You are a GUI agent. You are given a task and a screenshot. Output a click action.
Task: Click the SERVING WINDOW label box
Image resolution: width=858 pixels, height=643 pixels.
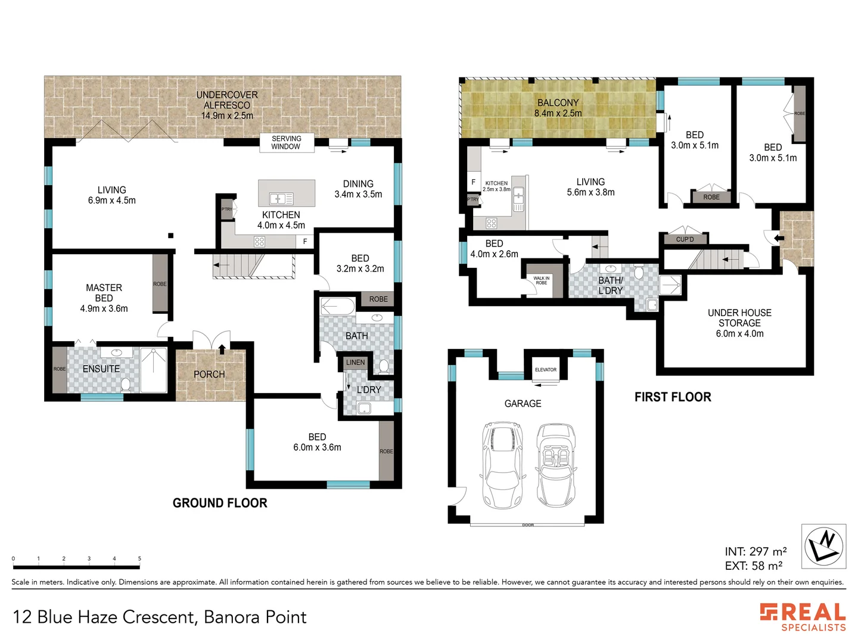click(x=287, y=142)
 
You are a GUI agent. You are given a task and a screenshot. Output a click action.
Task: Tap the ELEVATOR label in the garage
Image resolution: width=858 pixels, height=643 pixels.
click(x=545, y=370)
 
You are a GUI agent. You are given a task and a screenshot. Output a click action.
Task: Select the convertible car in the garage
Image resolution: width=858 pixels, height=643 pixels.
click(x=557, y=466)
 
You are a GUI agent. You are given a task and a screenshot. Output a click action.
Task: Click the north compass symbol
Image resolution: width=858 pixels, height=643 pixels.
click(x=823, y=546)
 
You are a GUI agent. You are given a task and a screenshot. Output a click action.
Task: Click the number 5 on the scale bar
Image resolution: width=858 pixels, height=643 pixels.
click(x=139, y=558)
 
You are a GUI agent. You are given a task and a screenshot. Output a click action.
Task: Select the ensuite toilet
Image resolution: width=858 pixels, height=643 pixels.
click(x=125, y=385)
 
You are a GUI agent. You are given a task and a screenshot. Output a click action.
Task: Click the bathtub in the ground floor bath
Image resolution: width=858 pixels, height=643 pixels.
click(x=337, y=307)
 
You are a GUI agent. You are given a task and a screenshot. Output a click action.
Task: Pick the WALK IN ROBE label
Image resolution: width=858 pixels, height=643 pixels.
click(x=542, y=280)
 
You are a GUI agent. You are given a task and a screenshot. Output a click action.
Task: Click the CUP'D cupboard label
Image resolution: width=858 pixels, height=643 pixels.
click(x=685, y=239)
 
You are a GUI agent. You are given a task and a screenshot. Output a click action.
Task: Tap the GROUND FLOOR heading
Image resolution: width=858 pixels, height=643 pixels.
click(x=220, y=503)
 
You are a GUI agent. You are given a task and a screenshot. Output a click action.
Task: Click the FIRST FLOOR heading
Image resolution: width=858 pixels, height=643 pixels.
click(x=673, y=397)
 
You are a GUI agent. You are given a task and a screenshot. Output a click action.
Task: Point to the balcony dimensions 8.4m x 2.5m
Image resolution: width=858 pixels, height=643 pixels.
click(x=558, y=113)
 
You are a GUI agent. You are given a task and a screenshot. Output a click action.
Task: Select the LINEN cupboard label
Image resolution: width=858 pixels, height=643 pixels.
click(x=355, y=363)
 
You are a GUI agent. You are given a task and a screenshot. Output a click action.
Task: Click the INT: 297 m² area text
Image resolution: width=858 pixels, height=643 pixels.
click(x=756, y=551)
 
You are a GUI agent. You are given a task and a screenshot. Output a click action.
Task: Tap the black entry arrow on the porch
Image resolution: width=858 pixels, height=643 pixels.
click(x=222, y=349)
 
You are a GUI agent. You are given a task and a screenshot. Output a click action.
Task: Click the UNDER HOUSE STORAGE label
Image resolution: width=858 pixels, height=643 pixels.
click(x=739, y=318)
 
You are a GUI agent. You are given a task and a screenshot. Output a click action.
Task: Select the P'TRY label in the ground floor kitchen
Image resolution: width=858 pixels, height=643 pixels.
click(x=227, y=209)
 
